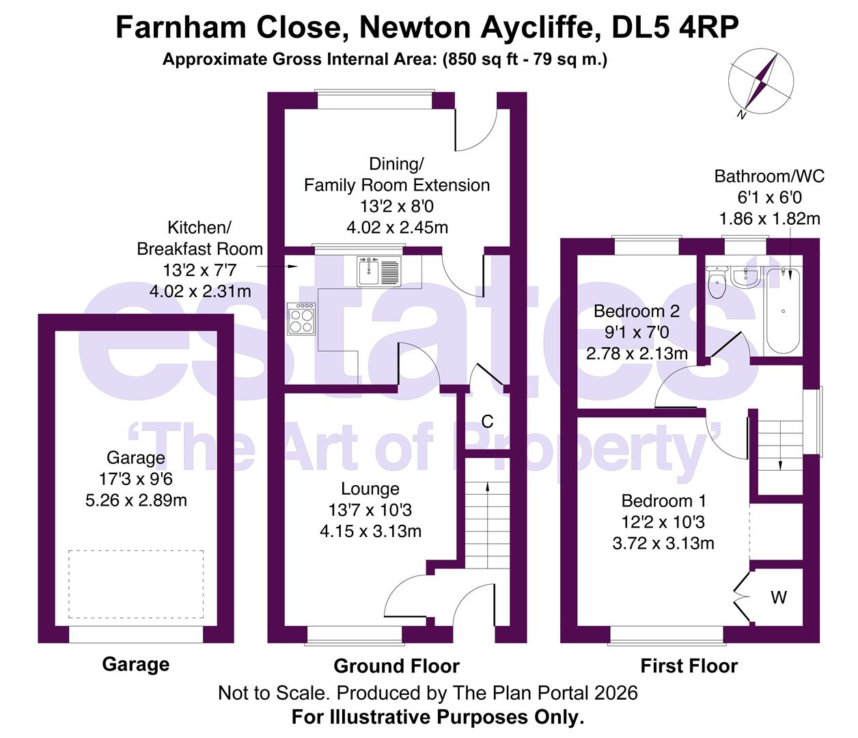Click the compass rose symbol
tap(762, 81)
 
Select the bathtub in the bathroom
tap(783, 311)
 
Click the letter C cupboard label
tap(487, 422)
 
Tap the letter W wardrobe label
tap(779, 598)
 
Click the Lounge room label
tap(370, 489)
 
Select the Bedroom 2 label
tap(636, 312)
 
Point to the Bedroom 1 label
tap(663, 501)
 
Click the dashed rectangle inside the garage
tap(136, 584)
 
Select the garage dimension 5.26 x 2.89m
tap(136, 501)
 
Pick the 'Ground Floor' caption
tap(396, 666)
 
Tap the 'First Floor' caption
tap(689, 666)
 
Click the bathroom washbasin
tap(743, 276)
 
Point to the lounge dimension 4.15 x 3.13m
tap(370, 532)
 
